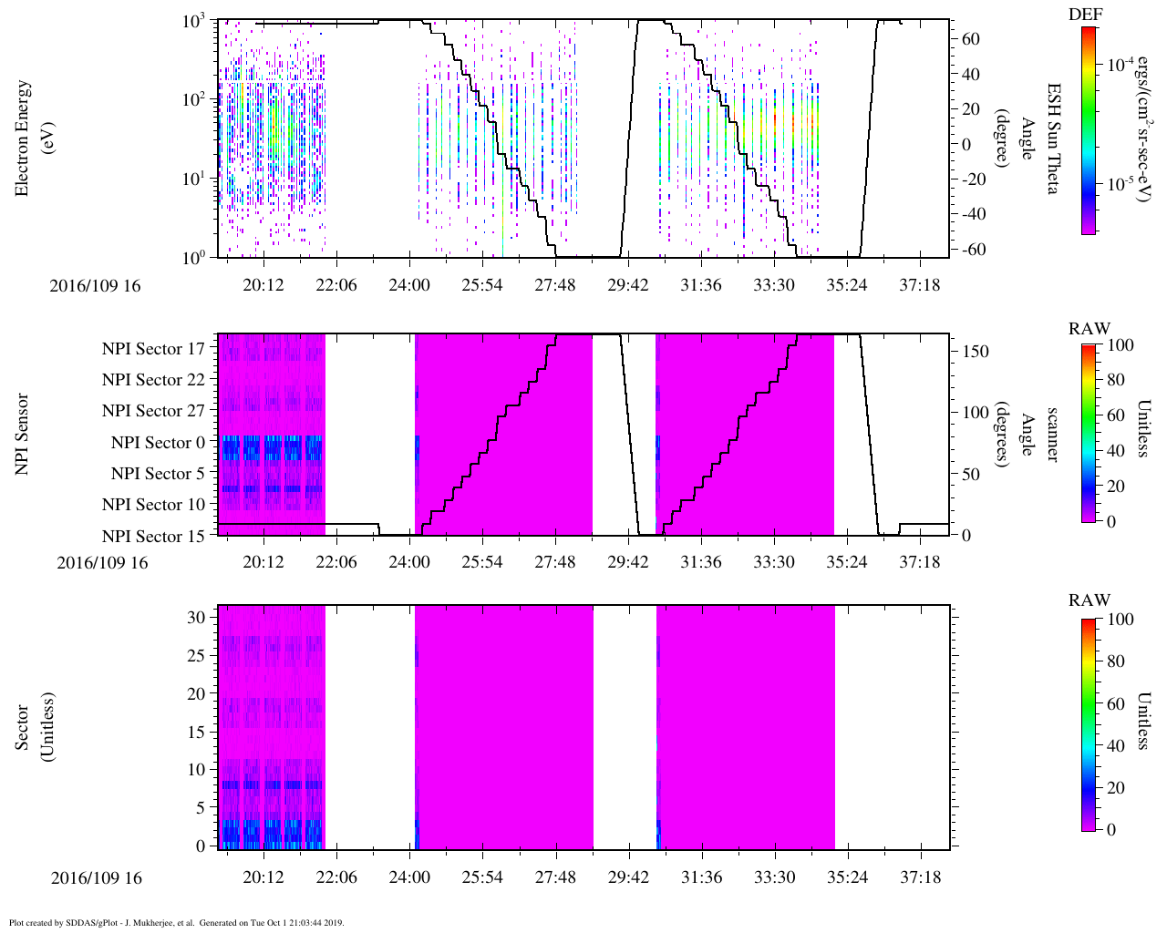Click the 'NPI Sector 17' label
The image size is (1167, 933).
[x=153, y=348]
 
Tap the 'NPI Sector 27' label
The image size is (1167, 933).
[x=153, y=411]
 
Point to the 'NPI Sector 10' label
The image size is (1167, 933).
[x=153, y=505]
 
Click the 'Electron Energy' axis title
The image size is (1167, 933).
[x=23, y=138]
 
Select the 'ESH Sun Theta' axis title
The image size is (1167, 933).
[x=1052, y=138]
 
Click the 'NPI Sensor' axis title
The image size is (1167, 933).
[x=23, y=434]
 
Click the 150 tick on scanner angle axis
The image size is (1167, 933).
[x=976, y=351]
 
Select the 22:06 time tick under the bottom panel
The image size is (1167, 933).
[x=336, y=878]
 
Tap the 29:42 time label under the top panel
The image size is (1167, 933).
[x=628, y=285]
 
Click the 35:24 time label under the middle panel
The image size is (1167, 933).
[x=847, y=562]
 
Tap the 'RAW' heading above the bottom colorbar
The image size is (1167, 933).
[x=1090, y=600]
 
